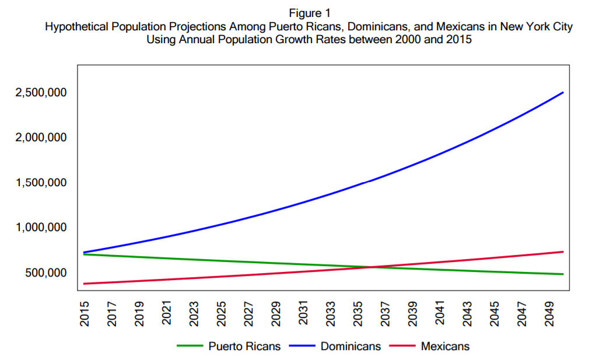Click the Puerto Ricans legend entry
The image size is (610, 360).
244,346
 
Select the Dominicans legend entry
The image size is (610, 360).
350,346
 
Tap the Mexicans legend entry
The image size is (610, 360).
445,346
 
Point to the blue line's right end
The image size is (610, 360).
563,92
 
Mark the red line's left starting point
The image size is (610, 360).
85,284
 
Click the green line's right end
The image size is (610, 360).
563,274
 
